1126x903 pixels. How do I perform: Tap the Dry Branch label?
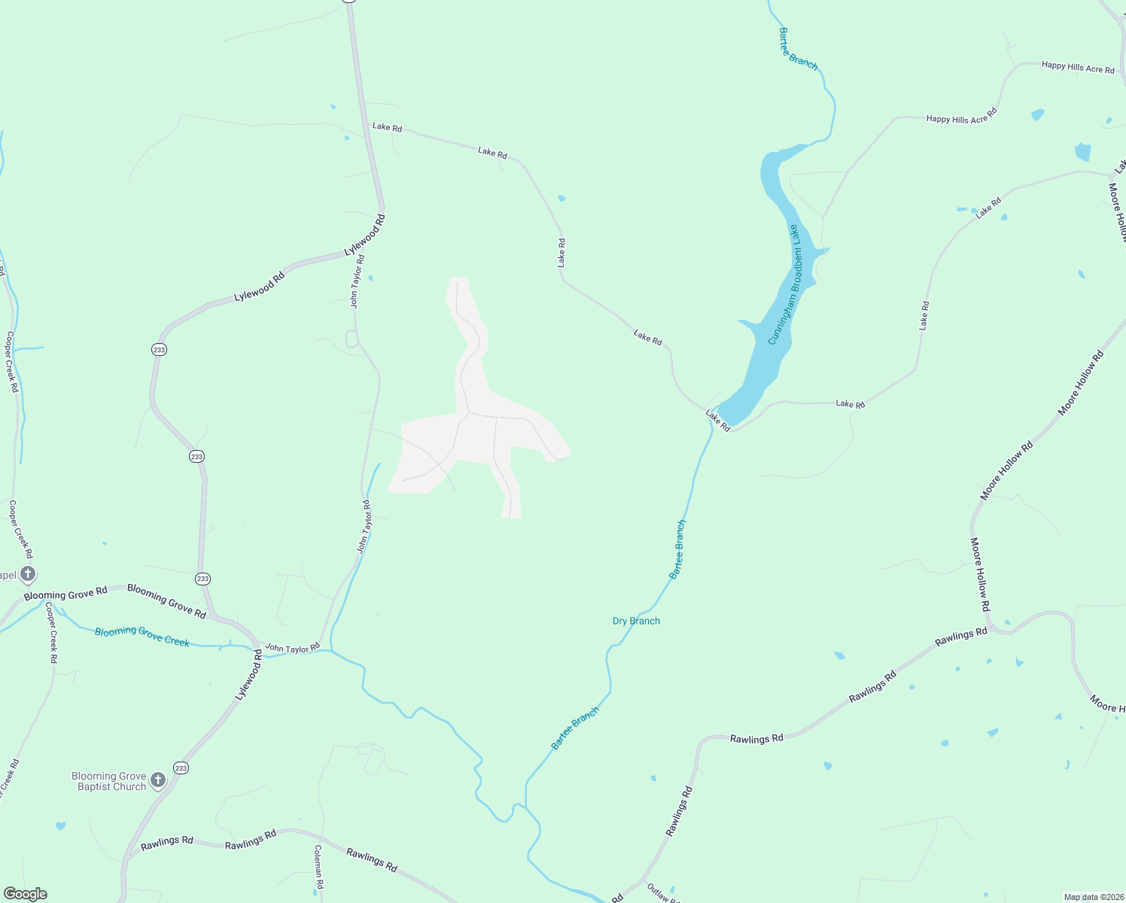point(636,621)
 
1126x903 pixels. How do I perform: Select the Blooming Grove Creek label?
point(142,636)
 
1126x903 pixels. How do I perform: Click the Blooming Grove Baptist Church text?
point(110,781)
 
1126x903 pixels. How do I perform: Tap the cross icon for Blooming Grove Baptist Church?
point(158,780)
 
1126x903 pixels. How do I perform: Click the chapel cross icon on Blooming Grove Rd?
point(28,575)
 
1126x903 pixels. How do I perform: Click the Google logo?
point(26,894)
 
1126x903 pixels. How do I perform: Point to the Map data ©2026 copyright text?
point(1093,897)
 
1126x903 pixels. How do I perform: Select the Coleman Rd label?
point(318,868)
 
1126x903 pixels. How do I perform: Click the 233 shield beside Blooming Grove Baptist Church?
point(181,768)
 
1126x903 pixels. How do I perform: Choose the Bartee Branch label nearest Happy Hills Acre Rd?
point(799,50)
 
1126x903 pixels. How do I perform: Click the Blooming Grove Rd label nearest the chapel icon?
point(65,594)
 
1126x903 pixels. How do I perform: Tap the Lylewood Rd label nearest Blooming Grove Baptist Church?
point(249,676)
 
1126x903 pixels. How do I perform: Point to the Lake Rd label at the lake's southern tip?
point(718,420)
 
